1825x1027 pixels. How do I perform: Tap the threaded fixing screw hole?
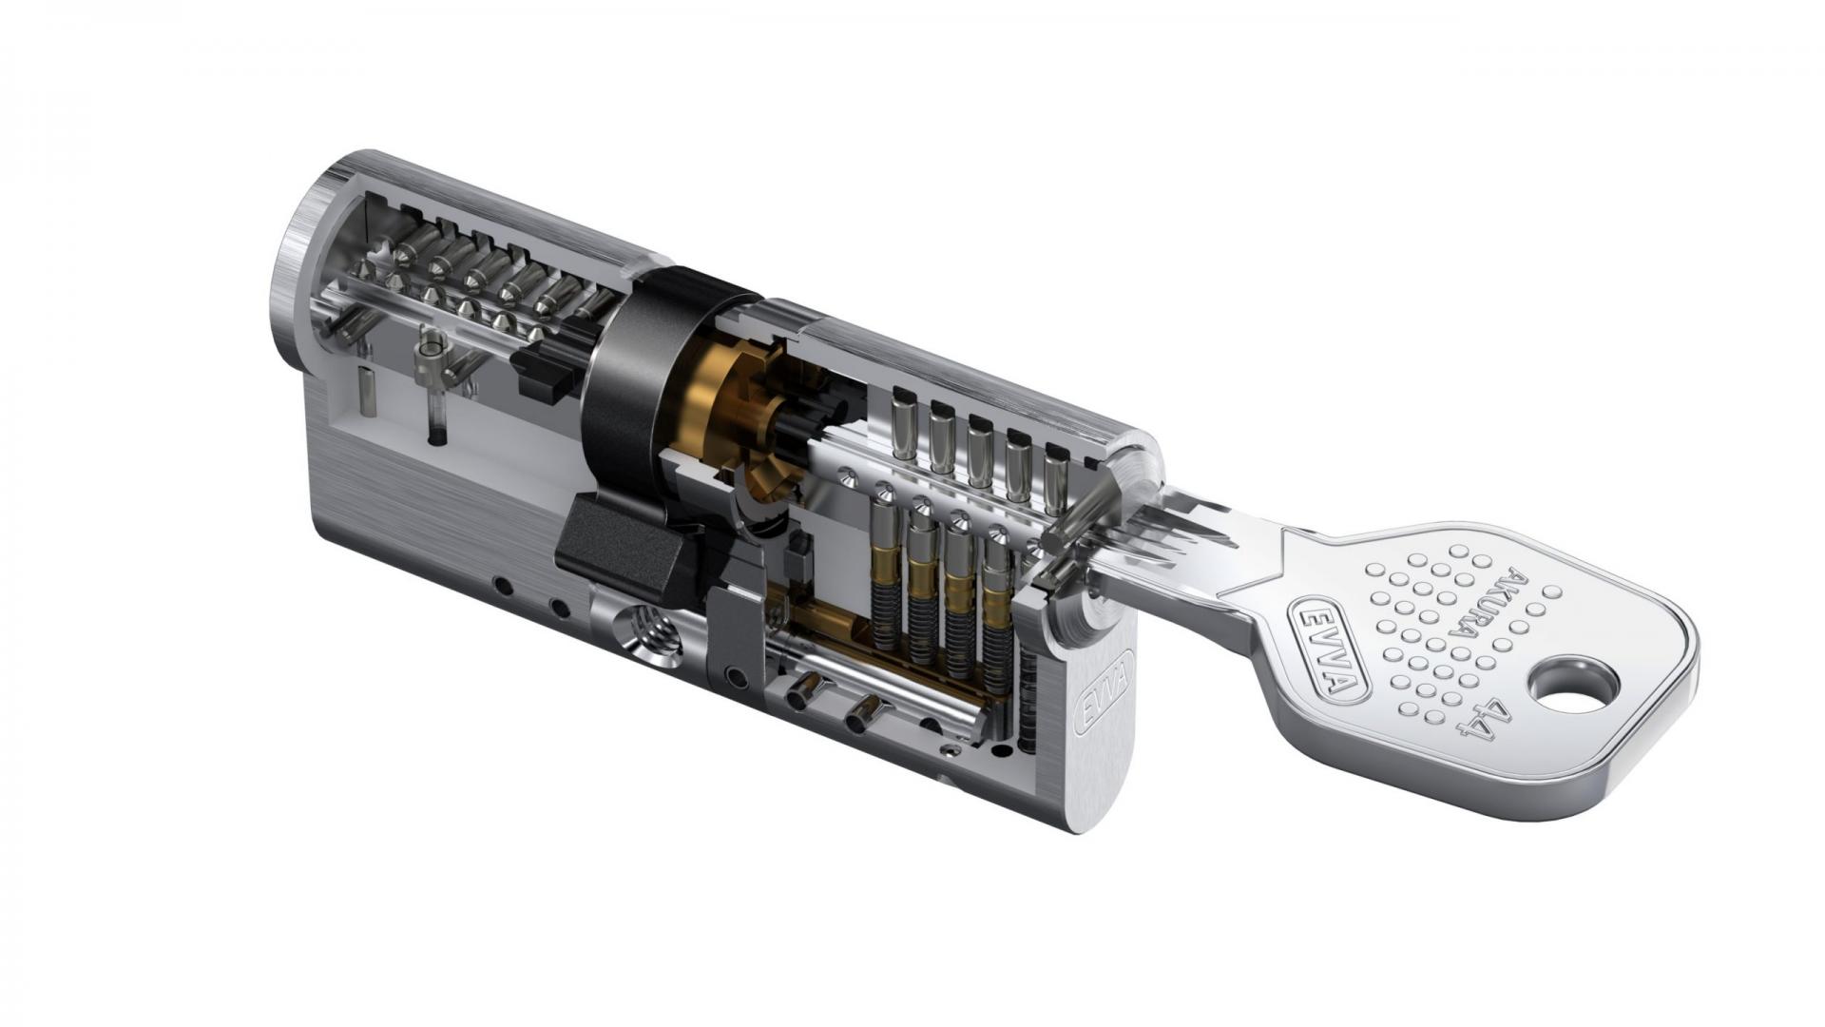[x=648, y=634]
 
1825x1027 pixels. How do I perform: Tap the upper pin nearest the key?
[x=1056, y=475]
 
